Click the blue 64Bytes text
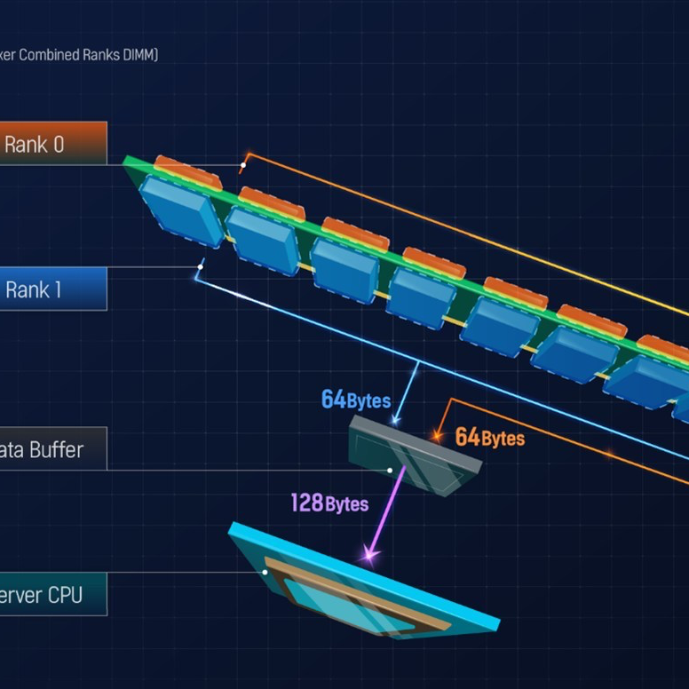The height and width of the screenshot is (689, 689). tap(355, 400)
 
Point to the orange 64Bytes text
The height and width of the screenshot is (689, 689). tap(489, 438)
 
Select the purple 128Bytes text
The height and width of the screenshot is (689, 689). tap(329, 503)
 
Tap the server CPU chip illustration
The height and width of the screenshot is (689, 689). tap(364, 586)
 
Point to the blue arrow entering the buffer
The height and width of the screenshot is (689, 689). tap(405, 391)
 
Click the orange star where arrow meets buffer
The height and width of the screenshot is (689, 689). tap(436, 436)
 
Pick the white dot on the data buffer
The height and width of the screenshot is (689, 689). tap(390, 471)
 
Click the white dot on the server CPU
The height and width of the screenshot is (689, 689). tap(265, 573)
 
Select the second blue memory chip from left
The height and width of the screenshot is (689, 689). tap(263, 241)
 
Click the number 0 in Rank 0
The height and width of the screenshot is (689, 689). tap(59, 145)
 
